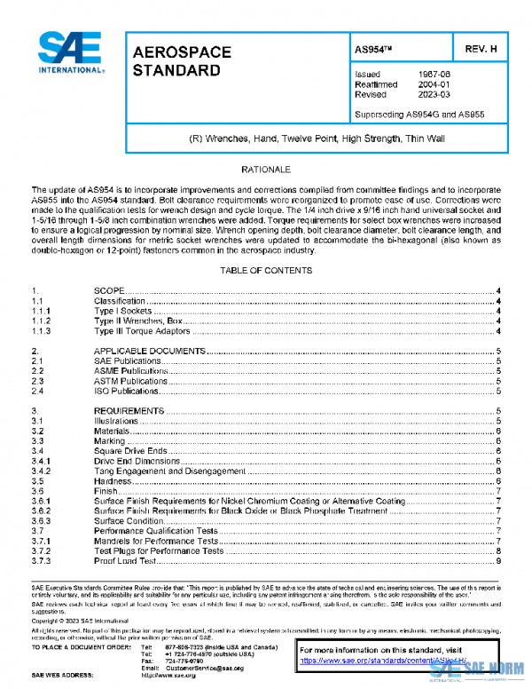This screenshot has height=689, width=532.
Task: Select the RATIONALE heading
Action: (x=266, y=169)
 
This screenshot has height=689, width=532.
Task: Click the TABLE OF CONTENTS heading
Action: (x=266, y=269)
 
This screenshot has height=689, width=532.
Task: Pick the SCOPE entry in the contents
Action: (x=109, y=291)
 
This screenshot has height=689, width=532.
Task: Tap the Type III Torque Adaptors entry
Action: (x=142, y=331)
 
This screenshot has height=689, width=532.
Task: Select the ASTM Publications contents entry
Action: (x=130, y=381)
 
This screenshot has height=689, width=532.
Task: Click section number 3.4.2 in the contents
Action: (x=42, y=471)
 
